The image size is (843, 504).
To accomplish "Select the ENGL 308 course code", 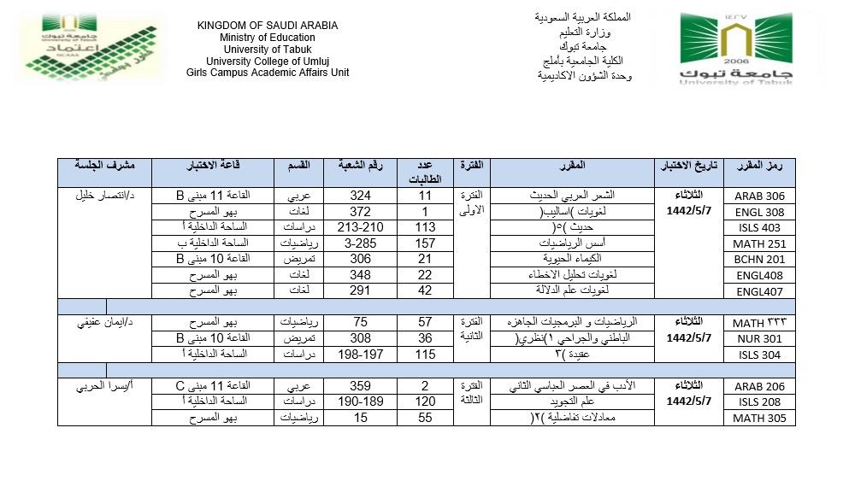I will click(759, 212).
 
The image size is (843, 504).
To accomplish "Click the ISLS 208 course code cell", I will click(759, 402).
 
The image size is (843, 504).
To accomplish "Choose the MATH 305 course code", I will click(759, 419).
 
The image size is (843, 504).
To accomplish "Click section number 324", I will click(360, 196).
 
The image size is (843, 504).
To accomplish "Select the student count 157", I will click(424, 243).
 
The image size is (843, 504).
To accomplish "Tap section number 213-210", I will click(360, 227).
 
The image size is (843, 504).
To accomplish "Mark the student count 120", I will click(424, 401).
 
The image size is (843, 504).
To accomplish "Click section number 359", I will click(360, 385).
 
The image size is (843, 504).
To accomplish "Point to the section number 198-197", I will click(360, 354).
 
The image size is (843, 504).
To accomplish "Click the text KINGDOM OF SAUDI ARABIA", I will click(267, 26).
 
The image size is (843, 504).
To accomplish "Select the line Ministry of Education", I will click(267, 38).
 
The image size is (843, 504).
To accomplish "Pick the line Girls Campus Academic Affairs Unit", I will click(267, 73).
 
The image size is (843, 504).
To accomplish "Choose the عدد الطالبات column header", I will click(424, 172).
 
